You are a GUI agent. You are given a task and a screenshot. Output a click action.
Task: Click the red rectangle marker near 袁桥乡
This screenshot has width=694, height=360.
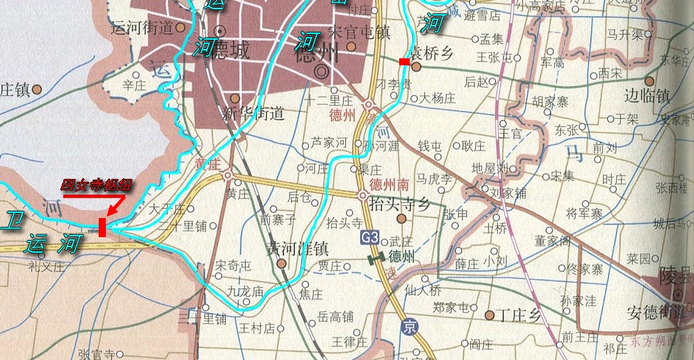[403, 62]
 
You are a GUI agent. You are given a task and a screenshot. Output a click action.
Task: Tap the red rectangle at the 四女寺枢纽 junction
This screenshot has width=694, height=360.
[103, 227]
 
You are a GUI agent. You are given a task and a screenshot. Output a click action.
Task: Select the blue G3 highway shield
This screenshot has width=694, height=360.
[369, 237]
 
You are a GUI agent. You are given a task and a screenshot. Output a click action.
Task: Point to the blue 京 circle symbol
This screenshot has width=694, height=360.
[408, 327]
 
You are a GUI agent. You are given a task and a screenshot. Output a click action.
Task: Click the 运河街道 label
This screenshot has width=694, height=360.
[143, 28]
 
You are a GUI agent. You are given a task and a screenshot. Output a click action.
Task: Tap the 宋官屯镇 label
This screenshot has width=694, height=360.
[361, 32]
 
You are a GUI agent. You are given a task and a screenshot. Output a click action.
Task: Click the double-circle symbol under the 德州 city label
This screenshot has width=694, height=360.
[322, 71]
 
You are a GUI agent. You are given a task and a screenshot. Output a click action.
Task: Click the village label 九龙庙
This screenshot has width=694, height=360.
[246, 291]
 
